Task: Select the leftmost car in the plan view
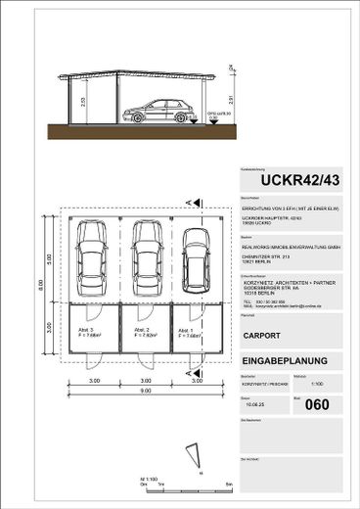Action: [x=93, y=250]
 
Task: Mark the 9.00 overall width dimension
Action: [x=145, y=393]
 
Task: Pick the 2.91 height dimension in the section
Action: [x=226, y=99]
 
